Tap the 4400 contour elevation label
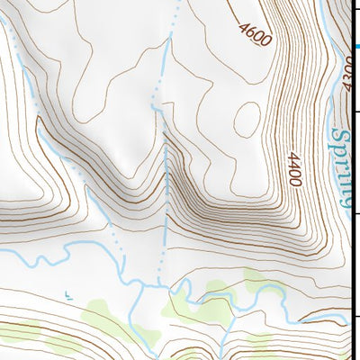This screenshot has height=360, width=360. (x=294, y=169)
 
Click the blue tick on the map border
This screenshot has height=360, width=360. (x=355, y=48)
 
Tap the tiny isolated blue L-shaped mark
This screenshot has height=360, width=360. (x=68, y=292)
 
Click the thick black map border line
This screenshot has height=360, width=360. (x=352, y=270)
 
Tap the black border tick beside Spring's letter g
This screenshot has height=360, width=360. (x=355, y=213)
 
